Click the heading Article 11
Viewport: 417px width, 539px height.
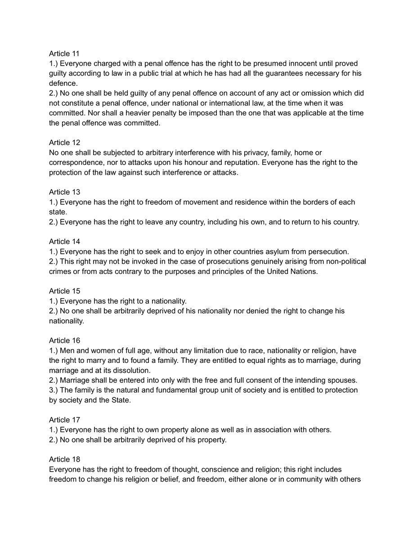(x=64, y=53)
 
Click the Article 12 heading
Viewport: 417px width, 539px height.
(x=64, y=142)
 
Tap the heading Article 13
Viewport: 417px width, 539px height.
(x=64, y=192)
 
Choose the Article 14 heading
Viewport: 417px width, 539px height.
(x=64, y=241)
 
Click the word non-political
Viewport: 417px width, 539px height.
(x=344, y=261)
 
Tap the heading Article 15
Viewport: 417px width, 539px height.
(x=64, y=291)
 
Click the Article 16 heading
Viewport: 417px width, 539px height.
(x=64, y=340)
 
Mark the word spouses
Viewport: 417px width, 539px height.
(x=343, y=380)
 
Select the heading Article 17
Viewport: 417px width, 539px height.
(x=64, y=420)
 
